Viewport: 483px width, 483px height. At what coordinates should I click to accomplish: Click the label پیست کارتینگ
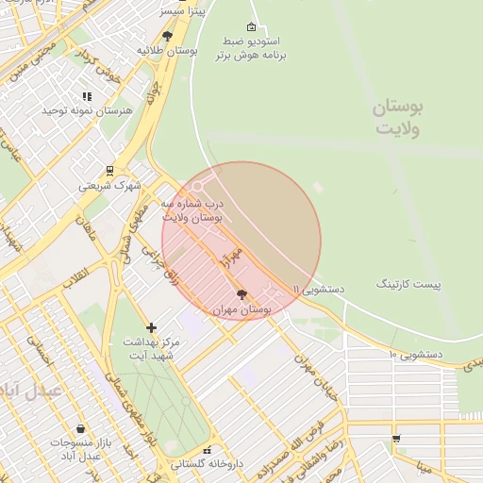tap(409, 283)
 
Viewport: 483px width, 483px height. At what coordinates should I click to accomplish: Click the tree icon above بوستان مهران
tap(241, 294)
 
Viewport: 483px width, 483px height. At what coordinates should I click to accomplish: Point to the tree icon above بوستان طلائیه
tap(168, 37)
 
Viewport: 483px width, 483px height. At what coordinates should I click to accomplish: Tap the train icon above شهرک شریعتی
tap(110, 172)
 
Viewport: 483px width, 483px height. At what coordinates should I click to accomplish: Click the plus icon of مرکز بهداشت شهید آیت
tap(151, 327)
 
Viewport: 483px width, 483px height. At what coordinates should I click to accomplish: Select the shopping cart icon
tap(396, 439)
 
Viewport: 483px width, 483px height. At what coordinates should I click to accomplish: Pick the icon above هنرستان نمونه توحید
tap(87, 96)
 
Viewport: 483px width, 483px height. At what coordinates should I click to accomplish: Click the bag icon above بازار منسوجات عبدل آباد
tap(80, 429)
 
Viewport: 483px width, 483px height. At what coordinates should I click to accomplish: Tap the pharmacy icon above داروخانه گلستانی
tap(207, 450)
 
